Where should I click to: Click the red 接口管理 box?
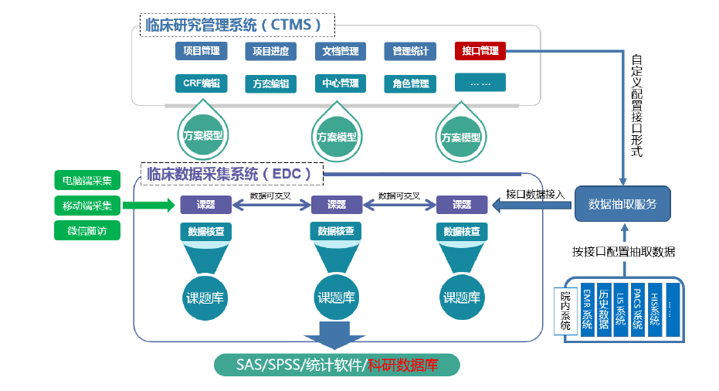tap(480, 51)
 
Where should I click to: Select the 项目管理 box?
tap(201, 51)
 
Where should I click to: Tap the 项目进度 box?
tap(270, 51)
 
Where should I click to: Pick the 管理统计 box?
tap(410, 51)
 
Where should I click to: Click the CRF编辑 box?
tap(201, 83)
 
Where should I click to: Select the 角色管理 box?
tap(410, 83)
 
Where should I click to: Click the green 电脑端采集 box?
tap(87, 181)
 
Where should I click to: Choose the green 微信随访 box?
tap(87, 230)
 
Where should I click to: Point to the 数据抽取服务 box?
tap(622, 204)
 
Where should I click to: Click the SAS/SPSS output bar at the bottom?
tap(337, 365)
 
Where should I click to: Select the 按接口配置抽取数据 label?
tap(623, 251)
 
